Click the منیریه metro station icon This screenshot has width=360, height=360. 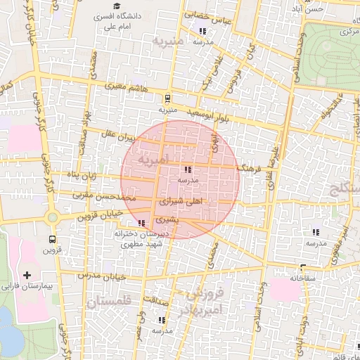point(167,98)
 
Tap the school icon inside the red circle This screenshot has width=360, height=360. point(187,169)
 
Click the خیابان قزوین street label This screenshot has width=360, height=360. point(101,214)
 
